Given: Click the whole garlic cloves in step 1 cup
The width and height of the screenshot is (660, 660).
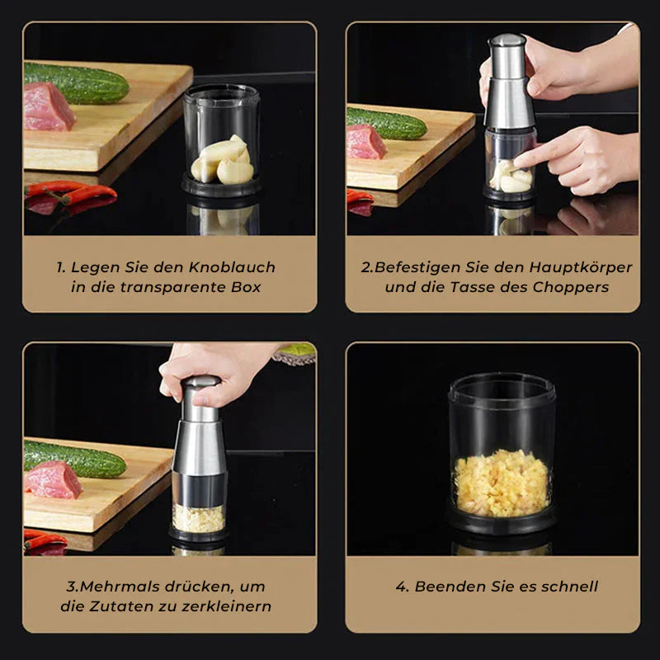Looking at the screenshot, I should pos(223,161).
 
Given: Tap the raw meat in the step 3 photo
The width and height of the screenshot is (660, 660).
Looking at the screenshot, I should pos(53,478).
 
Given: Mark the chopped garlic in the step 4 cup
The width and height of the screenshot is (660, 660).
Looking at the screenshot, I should pos(502,483).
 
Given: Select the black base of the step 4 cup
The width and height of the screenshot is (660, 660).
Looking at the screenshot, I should pos(502,521).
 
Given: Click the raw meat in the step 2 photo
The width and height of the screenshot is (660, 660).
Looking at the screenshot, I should pos(365,142).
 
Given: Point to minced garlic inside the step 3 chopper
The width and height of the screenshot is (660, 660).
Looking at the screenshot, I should pos(199,518).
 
